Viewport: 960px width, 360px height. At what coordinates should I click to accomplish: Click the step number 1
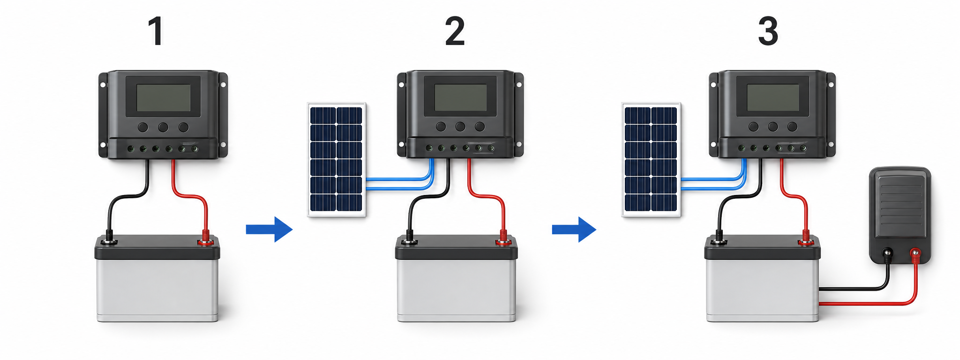[x=156, y=31]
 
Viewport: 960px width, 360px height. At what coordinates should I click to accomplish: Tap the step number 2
[x=455, y=31]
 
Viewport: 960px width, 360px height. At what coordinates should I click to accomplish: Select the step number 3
[x=768, y=31]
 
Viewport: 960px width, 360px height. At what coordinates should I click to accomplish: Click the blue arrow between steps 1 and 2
[x=269, y=229]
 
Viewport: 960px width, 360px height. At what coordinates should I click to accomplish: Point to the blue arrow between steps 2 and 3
[x=574, y=229]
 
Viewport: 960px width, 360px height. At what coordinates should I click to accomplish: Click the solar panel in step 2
[x=337, y=159]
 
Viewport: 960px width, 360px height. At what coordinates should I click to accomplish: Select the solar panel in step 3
[x=651, y=159]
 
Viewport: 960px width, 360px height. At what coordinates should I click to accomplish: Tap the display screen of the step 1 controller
[x=163, y=97]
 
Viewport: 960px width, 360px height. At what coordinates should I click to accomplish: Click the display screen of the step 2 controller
[x=461, y=97]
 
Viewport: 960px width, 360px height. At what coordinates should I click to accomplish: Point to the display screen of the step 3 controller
[x=773, y=97]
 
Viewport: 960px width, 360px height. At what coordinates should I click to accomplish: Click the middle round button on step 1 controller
[x=163, y=127]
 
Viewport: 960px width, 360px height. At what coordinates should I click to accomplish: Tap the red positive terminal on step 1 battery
[x=205, y=241]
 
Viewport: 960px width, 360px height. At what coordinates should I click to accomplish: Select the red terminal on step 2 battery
[x=503, y=241]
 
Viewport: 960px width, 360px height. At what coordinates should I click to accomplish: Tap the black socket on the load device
[x=887, y=255]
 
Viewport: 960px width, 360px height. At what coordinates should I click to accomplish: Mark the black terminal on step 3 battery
[x=718, y=242]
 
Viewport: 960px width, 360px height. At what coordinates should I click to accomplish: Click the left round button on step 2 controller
[x=441, y=127]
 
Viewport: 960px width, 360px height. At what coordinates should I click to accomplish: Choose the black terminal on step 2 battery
[x=409, y=242]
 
